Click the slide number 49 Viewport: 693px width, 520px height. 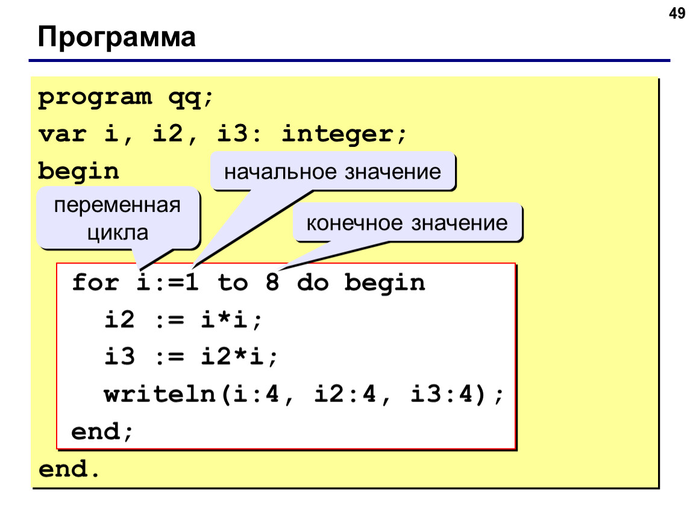coord(677,13)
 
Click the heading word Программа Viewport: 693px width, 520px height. coord(117,37)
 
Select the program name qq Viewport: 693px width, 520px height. coord(186,98)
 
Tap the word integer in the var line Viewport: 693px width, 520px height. coord(337,134)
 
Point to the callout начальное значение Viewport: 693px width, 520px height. coord(333,172)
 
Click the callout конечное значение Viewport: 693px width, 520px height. coord(407,223)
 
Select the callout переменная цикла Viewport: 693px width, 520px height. coord(118,218)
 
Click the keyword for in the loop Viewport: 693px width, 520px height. coord(95,282)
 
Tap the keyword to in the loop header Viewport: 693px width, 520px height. coord(233,282)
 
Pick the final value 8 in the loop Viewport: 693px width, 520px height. coord(272,282)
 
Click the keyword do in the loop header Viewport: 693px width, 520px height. coord(313,282)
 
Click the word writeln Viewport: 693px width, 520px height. coord(160,394)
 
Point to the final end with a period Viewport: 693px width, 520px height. coord(69,469)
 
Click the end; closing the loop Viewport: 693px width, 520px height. coord(102,432)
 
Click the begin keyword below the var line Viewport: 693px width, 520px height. coord(79,172)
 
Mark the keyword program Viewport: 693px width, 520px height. coord(95,98)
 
